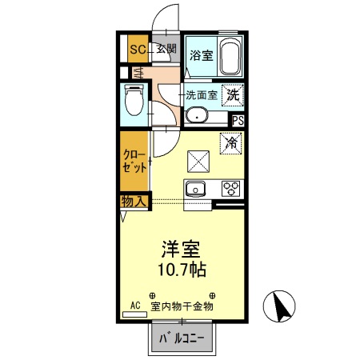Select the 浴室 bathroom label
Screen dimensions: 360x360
(x=201, y=56)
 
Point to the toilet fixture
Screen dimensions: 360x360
(x=133, y=102)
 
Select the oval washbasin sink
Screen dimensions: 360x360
(x=196, y=118)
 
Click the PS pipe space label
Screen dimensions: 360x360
(x=238, y=120)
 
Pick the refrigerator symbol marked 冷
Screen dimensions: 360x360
(x=230, y=144)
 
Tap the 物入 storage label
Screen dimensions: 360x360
(x=134, y=200)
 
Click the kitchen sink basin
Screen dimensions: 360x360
(x=196, y=190)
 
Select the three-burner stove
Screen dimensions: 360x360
(x=231, y=190)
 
